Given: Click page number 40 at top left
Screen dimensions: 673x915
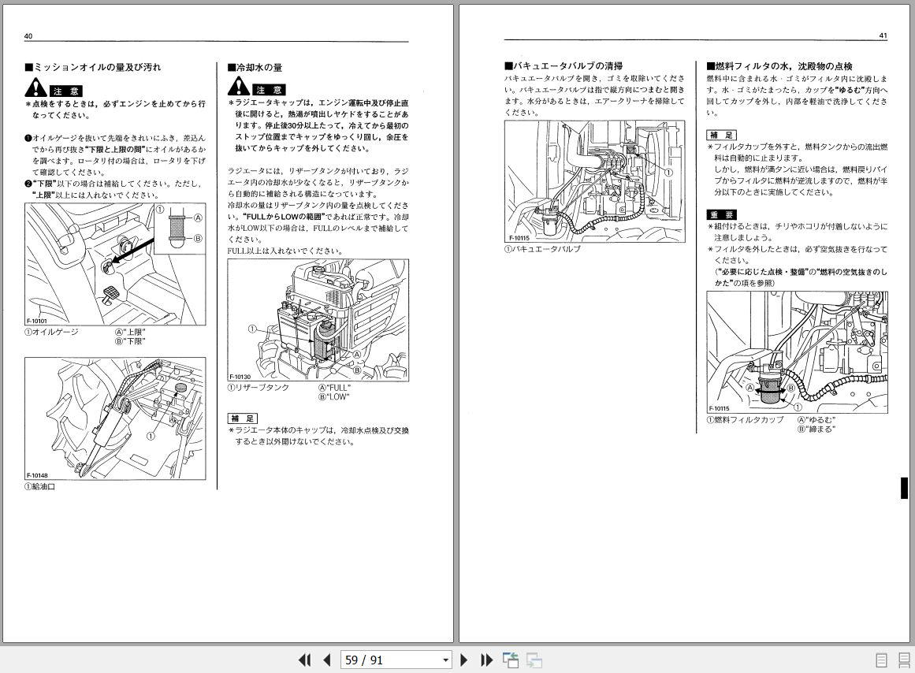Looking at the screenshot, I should click(28, 36).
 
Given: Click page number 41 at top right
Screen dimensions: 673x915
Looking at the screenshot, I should click(883, 36).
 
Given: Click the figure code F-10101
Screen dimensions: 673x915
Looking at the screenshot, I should click(37, 322).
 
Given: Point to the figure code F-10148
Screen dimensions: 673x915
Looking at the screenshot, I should click(37, 475).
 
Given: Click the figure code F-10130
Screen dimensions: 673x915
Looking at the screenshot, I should click(240, 377).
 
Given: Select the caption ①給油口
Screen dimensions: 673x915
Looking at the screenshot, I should click(40, 486).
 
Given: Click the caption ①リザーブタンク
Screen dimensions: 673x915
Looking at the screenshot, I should click(259, 388).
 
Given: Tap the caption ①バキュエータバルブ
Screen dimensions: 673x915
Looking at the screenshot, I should click(542, 249).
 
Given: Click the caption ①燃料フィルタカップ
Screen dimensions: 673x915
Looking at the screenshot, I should click(745, 419).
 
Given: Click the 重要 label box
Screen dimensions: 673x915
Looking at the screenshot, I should click(721, 214).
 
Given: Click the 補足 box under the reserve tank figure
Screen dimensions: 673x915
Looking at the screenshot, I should click(242, 418).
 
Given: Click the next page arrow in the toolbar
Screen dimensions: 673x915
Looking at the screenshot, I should click(464, 660).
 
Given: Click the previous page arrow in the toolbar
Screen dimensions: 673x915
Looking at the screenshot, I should click(327, 660).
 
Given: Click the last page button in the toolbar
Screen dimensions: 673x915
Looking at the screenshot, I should click(486, 660).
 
